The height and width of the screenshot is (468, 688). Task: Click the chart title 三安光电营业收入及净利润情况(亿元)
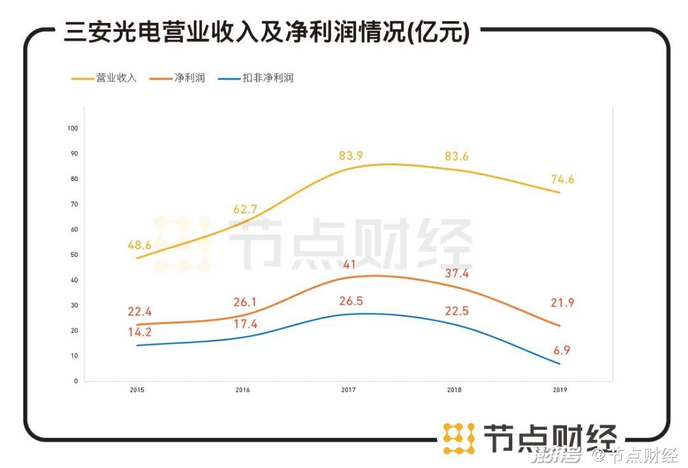click(x=266, y=32)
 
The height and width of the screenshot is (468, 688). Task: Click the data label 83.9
click(x=350, y=156)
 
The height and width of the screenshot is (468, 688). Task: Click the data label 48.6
click(x=140, y=245)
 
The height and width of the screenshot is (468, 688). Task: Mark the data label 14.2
click(x=140, y=333)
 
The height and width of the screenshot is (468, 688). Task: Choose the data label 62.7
click(x=245, y=209)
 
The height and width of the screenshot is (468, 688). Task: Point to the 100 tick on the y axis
click(x=72, y=128)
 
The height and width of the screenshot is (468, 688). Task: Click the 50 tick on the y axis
click(x=73, y=255)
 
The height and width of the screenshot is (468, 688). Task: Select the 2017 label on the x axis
click(x=348, y=390)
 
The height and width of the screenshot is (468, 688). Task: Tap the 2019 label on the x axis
click(x=560, y=390)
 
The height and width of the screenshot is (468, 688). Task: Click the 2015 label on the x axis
click(x=137, y=390)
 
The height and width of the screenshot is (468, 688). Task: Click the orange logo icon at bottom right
click(x=459, y=438)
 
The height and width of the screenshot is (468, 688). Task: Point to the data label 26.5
click(x=350, y=301)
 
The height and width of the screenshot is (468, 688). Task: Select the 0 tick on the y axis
click(x=75, y=381)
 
